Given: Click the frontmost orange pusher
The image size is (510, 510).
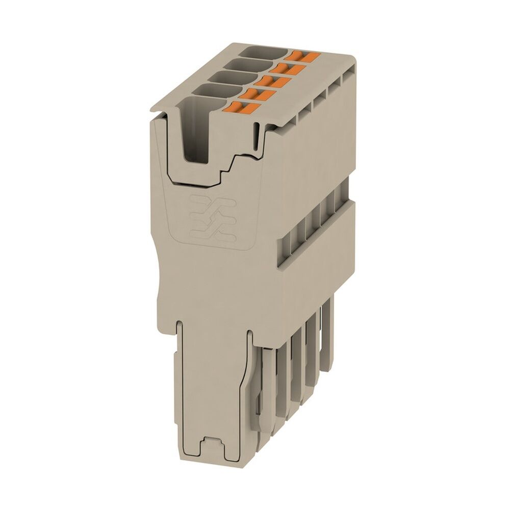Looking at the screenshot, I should click(x=243, y=107).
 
